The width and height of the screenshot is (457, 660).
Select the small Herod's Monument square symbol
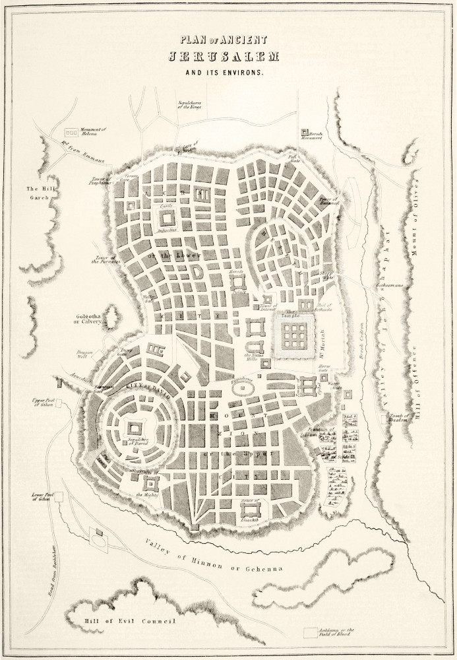click(x=305, y=132)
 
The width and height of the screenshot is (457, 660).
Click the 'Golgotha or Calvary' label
click(x=92, y=319)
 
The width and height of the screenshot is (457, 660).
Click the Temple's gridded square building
click(x=291, y=335)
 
